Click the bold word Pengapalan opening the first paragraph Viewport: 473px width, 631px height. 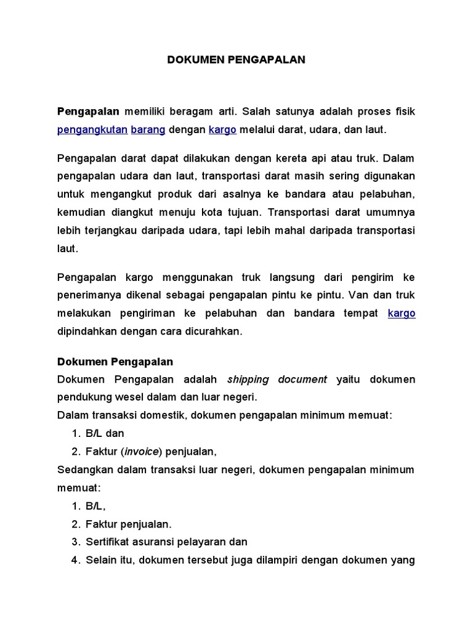[88, 112]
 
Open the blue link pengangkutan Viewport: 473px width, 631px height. [92, 129]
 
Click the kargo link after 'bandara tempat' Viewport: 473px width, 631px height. [402, 313]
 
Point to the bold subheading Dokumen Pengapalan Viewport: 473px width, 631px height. [115, 361]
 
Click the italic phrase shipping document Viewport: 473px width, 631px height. [277, 379]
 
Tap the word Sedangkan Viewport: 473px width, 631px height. [83, 469]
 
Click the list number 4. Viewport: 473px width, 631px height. [75, 560]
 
